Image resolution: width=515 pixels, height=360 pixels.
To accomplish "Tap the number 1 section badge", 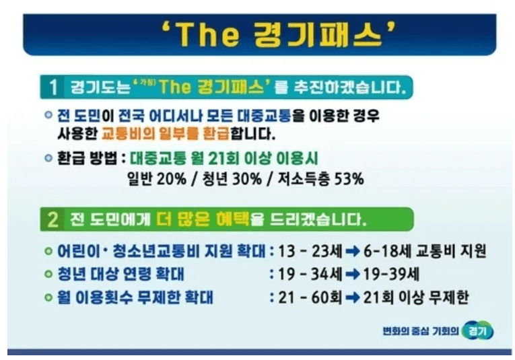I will [53, 87].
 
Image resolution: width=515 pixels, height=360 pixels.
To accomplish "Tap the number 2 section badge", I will [53, 220].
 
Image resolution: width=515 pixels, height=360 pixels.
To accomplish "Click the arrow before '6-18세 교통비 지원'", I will [353, 252].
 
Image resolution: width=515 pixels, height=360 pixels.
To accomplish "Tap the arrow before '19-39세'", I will [353, 275].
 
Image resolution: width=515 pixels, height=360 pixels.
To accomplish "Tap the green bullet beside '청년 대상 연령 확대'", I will [48, 275].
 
